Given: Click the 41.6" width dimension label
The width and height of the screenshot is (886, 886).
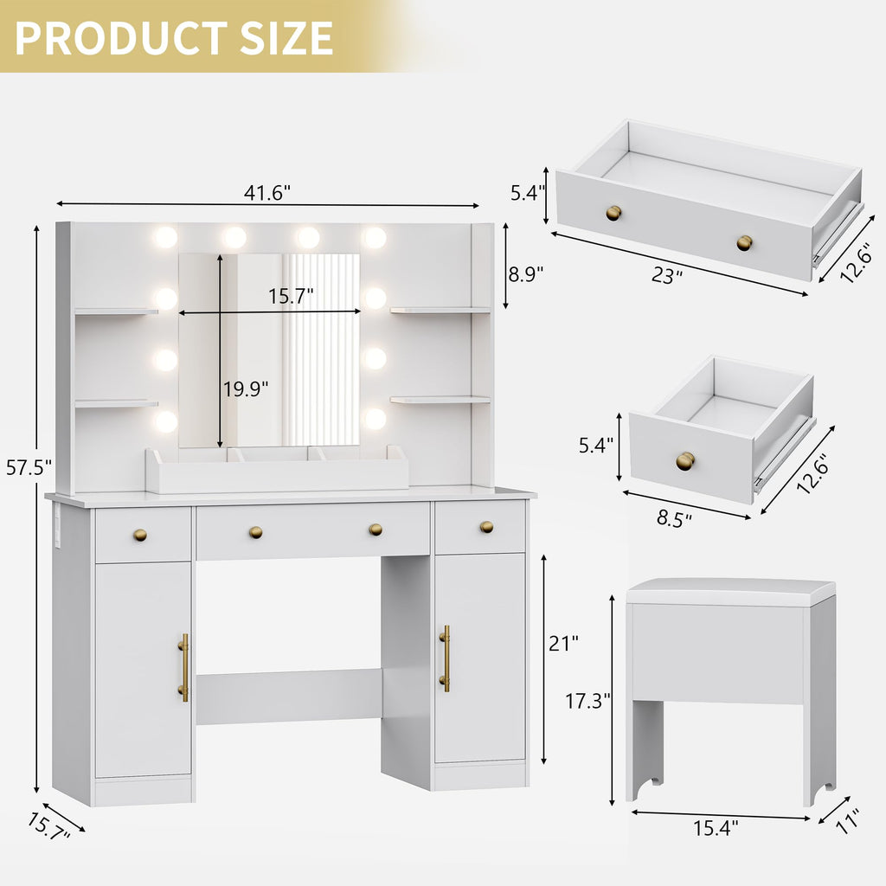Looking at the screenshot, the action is (x=266, y=193).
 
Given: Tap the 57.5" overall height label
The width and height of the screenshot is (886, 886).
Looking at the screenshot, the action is (x=29, y=467).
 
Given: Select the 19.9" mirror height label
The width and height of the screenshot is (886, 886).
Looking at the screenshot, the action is (x=245, y=388).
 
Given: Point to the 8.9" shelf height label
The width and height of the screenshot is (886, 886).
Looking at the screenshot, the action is (x=525, y=274).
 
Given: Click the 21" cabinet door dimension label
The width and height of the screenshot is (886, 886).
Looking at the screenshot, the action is (x=563, y=643).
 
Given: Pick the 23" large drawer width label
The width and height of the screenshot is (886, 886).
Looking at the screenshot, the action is (x=667, y=275).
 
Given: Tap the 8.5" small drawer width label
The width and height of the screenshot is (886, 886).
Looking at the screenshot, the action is (x=674, y=518).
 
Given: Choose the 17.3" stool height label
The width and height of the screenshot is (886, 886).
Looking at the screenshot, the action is (x=587, y=701).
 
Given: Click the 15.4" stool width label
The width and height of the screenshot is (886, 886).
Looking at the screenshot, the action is (x=716, y=828).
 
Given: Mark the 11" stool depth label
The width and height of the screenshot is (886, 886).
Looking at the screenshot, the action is (x=847, y=821).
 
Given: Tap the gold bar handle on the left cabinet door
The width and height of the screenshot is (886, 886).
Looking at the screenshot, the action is (x=183, y=667).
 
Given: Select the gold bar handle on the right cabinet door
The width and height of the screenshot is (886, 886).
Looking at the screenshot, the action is (x=446, y=658).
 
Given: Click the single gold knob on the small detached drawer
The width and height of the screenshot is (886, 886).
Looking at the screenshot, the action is (x=685, y=461).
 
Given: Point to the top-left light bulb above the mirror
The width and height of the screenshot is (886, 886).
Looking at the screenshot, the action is (x=165, y=237).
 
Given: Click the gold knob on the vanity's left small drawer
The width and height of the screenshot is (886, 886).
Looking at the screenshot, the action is (x=139, y=535).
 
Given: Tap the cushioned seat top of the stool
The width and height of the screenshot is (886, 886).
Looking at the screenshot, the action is (x=730, y=592).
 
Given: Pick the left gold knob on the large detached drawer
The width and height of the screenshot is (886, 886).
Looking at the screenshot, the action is (x=613, y=213).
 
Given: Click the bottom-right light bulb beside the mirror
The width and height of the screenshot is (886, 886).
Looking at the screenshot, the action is (x=375, y=420).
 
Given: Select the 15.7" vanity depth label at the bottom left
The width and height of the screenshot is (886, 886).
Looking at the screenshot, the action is (x=48, y=826).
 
